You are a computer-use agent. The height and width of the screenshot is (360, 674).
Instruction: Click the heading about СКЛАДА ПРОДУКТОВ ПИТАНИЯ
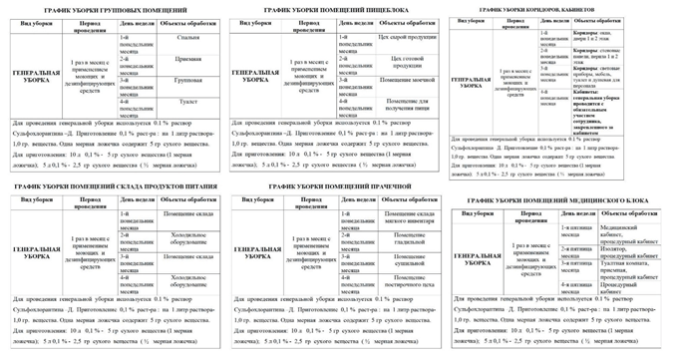97,187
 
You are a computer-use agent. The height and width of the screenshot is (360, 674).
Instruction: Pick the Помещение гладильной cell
405,239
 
